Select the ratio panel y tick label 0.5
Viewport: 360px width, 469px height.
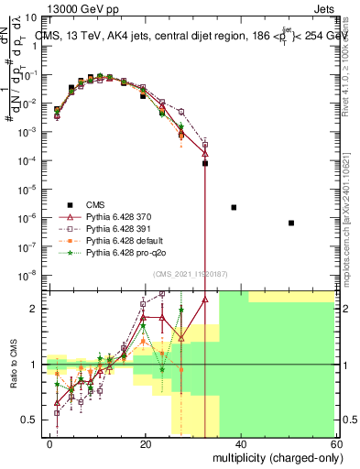click(x=31, y=420)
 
